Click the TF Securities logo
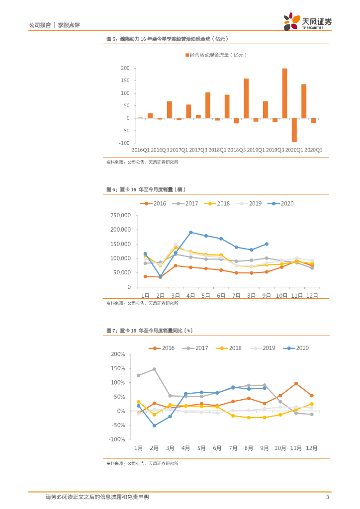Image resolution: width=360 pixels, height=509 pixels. click(307, 22)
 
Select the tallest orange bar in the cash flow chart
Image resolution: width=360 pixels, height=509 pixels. click(284, 93)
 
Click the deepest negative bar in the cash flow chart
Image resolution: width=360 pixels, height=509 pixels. click(294, 130)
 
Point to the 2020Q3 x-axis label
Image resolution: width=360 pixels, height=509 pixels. click(313, 150)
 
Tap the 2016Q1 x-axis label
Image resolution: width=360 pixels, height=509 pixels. click(141, 150)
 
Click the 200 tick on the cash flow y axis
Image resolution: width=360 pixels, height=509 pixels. click(124, 68)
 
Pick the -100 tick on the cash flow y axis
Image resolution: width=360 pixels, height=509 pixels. click(123, 143)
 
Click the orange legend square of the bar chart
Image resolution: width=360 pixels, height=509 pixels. click(187, 55)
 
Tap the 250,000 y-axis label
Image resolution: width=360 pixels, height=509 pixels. click(119, 215)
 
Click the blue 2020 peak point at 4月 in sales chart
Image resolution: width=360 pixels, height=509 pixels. click(191, 232)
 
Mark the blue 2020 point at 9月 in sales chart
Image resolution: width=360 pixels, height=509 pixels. click(267, 244)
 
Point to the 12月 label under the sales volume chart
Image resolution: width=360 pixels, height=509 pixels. click(312, 296)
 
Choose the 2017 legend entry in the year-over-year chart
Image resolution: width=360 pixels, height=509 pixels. click(196, 348)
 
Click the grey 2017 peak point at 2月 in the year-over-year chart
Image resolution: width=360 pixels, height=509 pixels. click(154, 369)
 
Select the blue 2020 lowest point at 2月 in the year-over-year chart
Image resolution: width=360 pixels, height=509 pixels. click(154, 425)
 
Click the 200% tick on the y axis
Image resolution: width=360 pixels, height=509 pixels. click(118, 354)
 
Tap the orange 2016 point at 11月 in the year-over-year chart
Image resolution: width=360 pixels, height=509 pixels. click(296, 384)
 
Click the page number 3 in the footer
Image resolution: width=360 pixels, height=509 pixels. click(327, 497)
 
